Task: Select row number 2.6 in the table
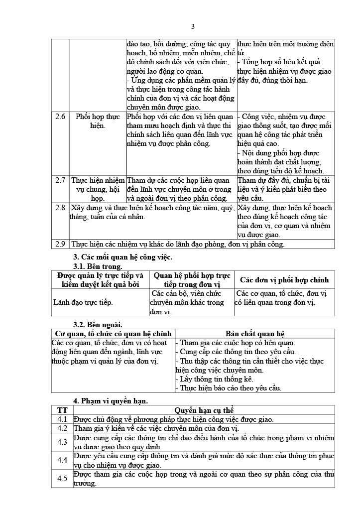coord(60,117)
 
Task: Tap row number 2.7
coord(60,180)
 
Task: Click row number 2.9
coord(60,244)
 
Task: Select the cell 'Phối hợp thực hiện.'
coord(98,121)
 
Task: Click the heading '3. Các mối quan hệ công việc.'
coord(122,257)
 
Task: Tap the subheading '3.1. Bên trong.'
coord(98,266)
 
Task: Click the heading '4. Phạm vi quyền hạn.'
coord(111,400)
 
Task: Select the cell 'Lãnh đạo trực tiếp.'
coord(83,302)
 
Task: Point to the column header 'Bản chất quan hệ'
coord(254,334)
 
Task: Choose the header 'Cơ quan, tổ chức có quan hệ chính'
coord(113,334)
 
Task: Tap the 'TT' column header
coord(62,410)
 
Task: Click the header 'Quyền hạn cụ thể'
coord(204,410)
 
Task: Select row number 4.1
coord(62,419)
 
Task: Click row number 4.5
coord(62,479)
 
